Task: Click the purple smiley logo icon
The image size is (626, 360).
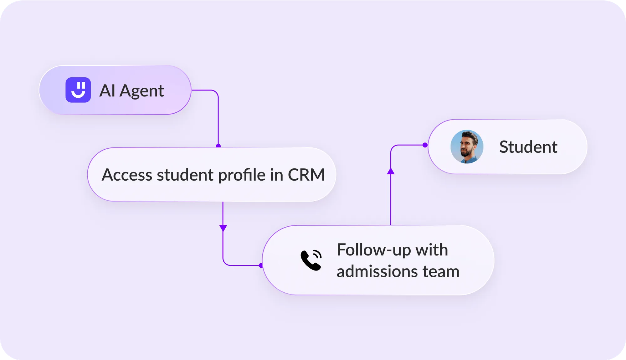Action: coord(78,90)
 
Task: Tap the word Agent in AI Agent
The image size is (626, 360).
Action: coord(142,91)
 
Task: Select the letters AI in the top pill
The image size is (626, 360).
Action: coord(107,90)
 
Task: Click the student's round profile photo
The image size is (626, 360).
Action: coord(467,147)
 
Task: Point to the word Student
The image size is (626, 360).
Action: coord(528,147)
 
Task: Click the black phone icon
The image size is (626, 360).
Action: coord(311,260)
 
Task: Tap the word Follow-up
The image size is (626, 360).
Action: coord(374,250)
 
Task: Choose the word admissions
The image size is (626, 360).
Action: coord(377,271)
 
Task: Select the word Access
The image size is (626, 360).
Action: coord(127,175)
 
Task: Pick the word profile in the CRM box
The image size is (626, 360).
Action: coord(242,175)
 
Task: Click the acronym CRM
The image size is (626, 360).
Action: coord(306,175)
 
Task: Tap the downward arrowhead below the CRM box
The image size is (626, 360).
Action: coord(223,228)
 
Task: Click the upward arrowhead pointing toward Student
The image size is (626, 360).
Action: coord(391,171)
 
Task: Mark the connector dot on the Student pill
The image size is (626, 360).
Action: coord(425,145)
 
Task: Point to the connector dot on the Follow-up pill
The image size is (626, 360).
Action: coord(261,265)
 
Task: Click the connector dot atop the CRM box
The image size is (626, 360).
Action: coord(218,146)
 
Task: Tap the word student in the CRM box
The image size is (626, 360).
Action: coord(185,175)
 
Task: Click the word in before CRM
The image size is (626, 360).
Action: coord(276,175)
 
